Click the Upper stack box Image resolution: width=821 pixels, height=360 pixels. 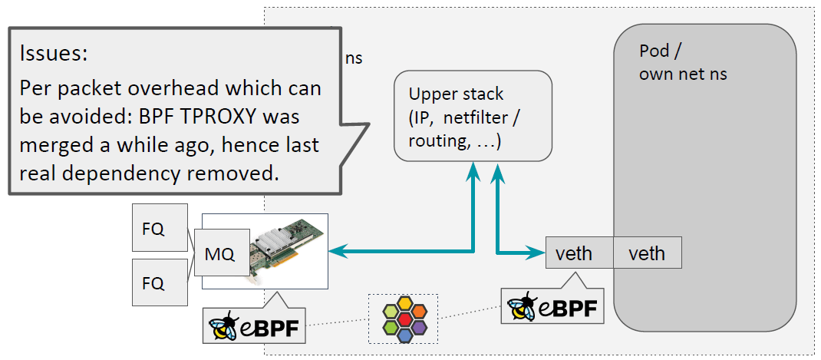click(473, 115)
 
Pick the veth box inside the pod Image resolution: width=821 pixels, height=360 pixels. click(647, 253)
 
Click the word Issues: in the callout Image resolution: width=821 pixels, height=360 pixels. click(54, 54)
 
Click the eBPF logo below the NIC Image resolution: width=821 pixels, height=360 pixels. click(254, 325)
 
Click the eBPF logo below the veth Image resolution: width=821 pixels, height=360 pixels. click(551, 306)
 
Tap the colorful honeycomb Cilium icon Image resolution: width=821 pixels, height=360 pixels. click(403, 318)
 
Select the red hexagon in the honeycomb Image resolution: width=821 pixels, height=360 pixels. click(403, 317)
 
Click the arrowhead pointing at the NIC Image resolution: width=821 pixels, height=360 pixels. click(336, 250)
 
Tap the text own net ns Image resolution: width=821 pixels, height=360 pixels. click(682, 74)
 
